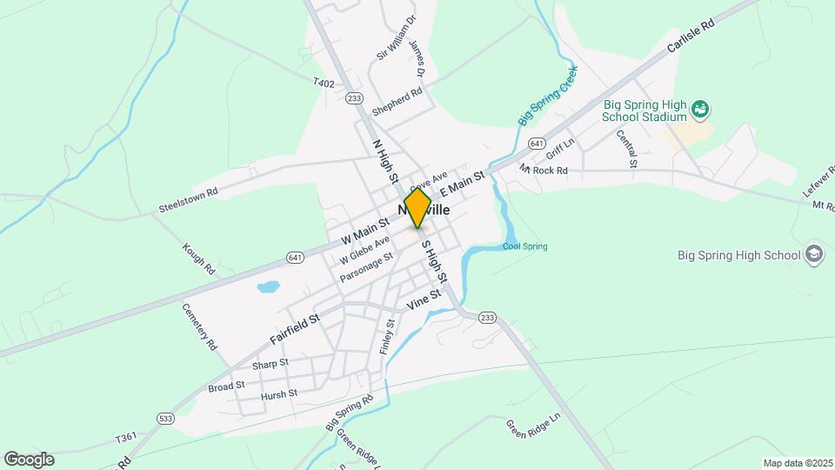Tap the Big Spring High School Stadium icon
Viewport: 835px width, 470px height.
point(701,111)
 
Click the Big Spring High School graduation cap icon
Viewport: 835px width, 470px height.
point(814,254)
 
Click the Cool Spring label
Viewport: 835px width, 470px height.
point(525,246)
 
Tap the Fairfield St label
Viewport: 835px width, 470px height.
point(295,328)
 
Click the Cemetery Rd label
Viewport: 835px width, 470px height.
point(198,326)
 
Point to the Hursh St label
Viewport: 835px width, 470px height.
point(279,394)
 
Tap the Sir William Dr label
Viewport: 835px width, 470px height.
point(397,37)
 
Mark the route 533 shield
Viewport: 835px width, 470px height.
point(164,419)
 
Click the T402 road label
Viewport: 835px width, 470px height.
point(324,83)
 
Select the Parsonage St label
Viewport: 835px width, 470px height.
point(373,265)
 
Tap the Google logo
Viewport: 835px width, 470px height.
point(29,460)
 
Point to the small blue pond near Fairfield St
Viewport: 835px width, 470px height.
point(268,286)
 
